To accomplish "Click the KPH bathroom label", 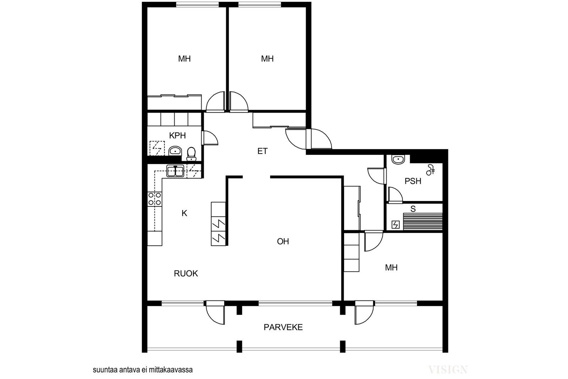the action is coord(177,135).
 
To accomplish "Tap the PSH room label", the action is coord(413,181).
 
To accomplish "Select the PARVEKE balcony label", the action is coord(283,327).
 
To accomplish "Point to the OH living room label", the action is coord(283,241).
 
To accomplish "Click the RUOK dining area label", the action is coord(186,273).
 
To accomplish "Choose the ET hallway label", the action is coord(262,151).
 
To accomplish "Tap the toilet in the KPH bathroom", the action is coord(191,154).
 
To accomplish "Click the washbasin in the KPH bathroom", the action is coord(175,151).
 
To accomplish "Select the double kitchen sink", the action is coord(175,171).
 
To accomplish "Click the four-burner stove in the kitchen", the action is coord(155,199).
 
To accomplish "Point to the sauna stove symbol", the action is coord(395,224).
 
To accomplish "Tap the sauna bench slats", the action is coord(423,221).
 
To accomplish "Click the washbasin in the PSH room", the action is coord(398,159).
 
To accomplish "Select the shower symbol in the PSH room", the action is coord(430,170).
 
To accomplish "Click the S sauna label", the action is coord(413,209).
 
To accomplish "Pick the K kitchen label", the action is coord(184,213).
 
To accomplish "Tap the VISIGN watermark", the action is coord(448,370).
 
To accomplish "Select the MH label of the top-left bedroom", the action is coord(184,59).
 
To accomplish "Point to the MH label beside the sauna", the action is coord(391,267).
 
